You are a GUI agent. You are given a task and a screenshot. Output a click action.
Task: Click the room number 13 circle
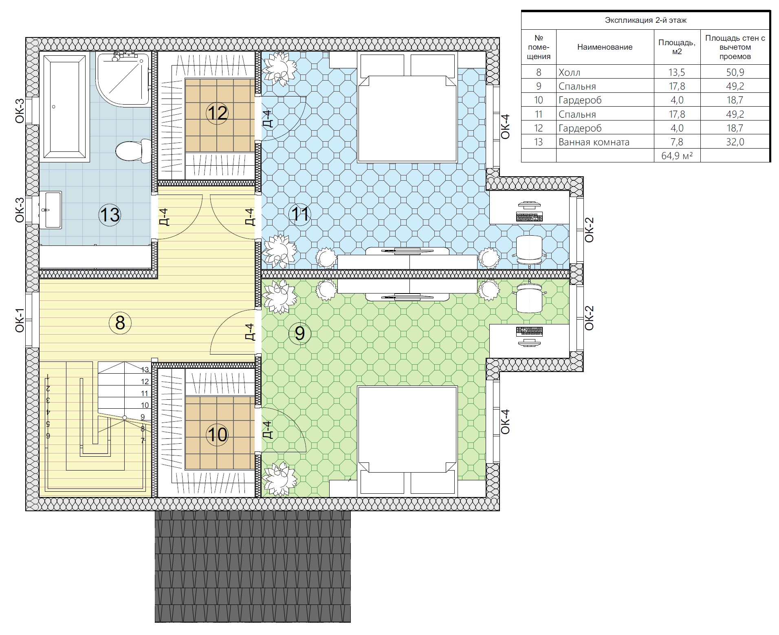tap(110, 215)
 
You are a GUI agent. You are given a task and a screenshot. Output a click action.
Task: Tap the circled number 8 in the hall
tap(120, 322)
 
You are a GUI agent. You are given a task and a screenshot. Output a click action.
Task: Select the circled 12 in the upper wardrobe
tap(217, 113)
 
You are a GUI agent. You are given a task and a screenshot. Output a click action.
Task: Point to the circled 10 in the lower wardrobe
tap(217, 434)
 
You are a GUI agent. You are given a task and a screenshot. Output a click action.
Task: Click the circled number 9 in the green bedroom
tap(300, 333)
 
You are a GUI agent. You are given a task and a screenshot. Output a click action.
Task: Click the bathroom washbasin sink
tap(51, 210)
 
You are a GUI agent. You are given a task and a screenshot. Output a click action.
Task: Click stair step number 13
tap(145, 370)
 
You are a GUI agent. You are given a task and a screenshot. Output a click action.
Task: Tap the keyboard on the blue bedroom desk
tap(529, 217)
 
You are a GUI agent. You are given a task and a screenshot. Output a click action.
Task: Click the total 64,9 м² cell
tap(677, 155)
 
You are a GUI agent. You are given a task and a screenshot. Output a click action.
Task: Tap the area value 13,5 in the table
tap(677, 72)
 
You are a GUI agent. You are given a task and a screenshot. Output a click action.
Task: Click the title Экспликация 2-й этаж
tap(645, 20)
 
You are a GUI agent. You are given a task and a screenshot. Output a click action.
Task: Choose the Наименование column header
tap(605, 47)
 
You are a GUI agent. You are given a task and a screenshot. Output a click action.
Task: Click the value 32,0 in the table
tap(735, 142)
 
